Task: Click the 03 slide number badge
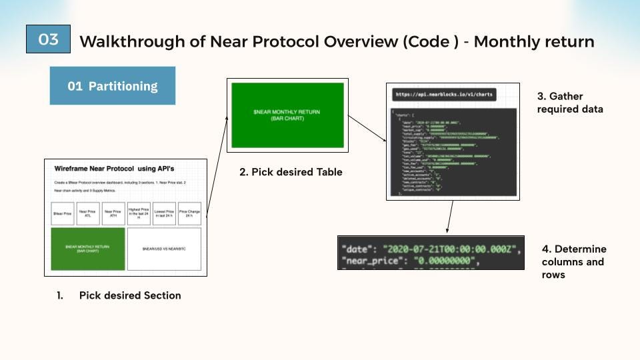coord(48,39)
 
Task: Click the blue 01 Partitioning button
coord(112,86)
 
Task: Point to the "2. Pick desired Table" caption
coord(291,172)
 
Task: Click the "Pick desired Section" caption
coord(129,295)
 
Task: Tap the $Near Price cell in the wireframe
coord(63,213)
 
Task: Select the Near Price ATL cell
coord(88,213)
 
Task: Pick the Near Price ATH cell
coord(113,213)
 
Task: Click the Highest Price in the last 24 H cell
coord(139,213)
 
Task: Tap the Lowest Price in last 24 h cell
coord(164,213)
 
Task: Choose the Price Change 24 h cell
coord(189,213)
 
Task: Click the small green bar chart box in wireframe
coord(87,249)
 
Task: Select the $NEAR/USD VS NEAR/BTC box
coord(164,249)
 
